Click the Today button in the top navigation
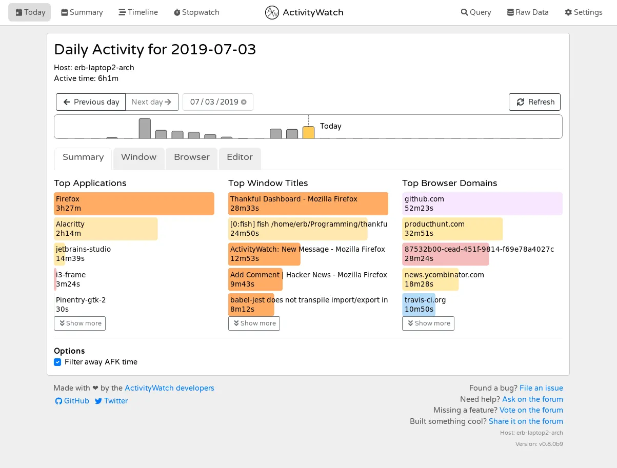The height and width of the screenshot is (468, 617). (30, 12)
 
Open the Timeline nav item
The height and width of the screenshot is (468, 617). (138, 12)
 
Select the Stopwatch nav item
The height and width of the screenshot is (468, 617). (196, 12)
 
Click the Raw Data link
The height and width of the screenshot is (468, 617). (528, 12)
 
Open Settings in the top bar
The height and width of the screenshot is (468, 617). (584, 12)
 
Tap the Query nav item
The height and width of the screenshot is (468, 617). (476, 12)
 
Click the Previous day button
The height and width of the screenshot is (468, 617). (91, 102)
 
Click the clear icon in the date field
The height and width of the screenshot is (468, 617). (244, 102)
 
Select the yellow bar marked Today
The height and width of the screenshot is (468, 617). (308, 132)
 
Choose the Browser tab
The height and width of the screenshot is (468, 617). (191, 157)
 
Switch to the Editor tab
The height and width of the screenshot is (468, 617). (240, 157)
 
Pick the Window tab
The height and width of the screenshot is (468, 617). (138, 157)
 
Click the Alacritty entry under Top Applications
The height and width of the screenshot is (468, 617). (106, 229)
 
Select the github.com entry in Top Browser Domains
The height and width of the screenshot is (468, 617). (482, 204)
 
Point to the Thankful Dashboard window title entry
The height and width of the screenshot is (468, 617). (308, 204)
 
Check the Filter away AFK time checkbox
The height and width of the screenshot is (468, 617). (58, 362)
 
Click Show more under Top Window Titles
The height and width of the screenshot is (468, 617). (254, 323)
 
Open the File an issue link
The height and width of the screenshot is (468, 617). (541, 388)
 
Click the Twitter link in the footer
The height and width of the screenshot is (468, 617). (111, 401)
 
